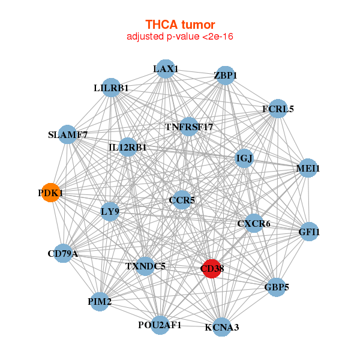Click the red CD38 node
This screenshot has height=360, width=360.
coord(212,268)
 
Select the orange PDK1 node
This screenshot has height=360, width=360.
coord(50,193)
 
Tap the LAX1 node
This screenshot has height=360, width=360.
coord(165,69)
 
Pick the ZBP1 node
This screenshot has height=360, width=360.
coord(225,76)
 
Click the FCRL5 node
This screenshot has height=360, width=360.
coord(278,109)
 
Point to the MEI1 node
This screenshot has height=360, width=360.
coord(308,169)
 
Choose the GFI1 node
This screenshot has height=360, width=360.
coord(309,232)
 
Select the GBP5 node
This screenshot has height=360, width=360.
coord(276,287)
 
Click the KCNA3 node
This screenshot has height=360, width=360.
coord(221,327)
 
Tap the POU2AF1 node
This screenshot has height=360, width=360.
coord(160,325)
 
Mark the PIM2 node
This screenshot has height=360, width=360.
coord(100,301)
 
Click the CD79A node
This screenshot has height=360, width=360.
coord(63,254)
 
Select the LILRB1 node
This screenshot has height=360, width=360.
coord(111,88)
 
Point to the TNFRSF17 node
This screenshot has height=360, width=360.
coord(189,127)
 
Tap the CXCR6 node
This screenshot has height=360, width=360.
coord(254,224)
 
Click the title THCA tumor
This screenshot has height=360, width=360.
coord(180,25)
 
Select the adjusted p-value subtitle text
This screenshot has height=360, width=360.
coord(180,37)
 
